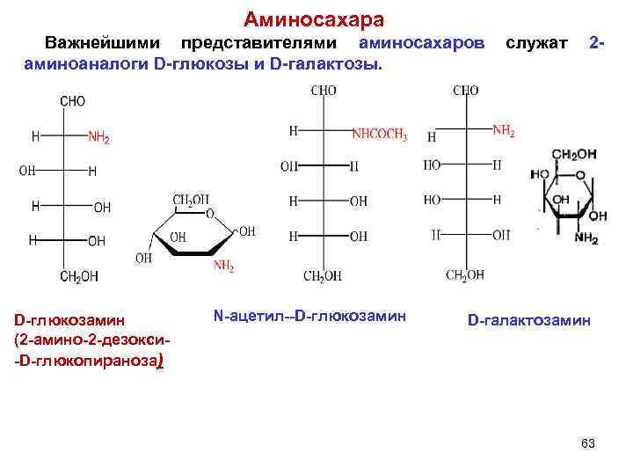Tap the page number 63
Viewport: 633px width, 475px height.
588,443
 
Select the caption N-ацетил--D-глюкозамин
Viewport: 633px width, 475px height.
309,314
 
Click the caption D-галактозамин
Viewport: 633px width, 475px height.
529,322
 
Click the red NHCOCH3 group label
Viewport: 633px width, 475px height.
379,135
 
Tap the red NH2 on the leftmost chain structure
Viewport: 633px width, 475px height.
98,137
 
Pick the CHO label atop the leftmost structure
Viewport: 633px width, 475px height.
72,101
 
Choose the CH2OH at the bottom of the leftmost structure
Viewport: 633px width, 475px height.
79,276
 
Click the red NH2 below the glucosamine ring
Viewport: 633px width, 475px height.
223,266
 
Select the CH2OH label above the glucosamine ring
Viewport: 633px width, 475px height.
191,200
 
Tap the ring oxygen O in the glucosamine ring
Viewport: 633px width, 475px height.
208,212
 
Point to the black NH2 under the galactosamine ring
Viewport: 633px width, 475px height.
586,238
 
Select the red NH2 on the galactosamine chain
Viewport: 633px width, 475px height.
503,132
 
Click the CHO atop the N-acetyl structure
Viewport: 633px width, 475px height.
324,91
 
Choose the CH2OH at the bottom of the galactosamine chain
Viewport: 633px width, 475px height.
464,275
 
